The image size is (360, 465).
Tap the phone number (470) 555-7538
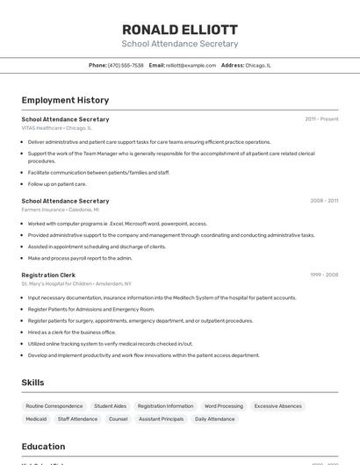click(x=126, y=65)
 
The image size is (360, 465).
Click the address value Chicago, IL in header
click(x=258, y=65)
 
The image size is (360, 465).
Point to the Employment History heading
click(x=65, y=100)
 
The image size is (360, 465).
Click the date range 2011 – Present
click(x=321, y=118)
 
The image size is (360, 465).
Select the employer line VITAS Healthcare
click(x=56, y=127)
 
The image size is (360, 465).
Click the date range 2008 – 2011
click(x=324, y=201)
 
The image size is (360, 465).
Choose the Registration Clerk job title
click(x=48, y=275)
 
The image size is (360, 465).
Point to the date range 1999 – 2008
click(x=324, y=275)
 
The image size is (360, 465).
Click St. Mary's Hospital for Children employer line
click(x=76, y=283)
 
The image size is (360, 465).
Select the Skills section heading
click(x=33, y=383)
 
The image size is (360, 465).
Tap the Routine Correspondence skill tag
click(x=54, y=406)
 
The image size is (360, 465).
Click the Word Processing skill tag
click(x=224, y=406)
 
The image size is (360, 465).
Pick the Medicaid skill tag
click(x=36, y=419)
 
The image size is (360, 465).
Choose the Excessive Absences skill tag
click(x=278, y=406)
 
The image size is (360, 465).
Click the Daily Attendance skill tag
click(x=214, y=419)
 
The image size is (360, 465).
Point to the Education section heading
click(x=43, y=447)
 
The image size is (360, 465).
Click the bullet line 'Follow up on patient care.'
click(x=57, y=184)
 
